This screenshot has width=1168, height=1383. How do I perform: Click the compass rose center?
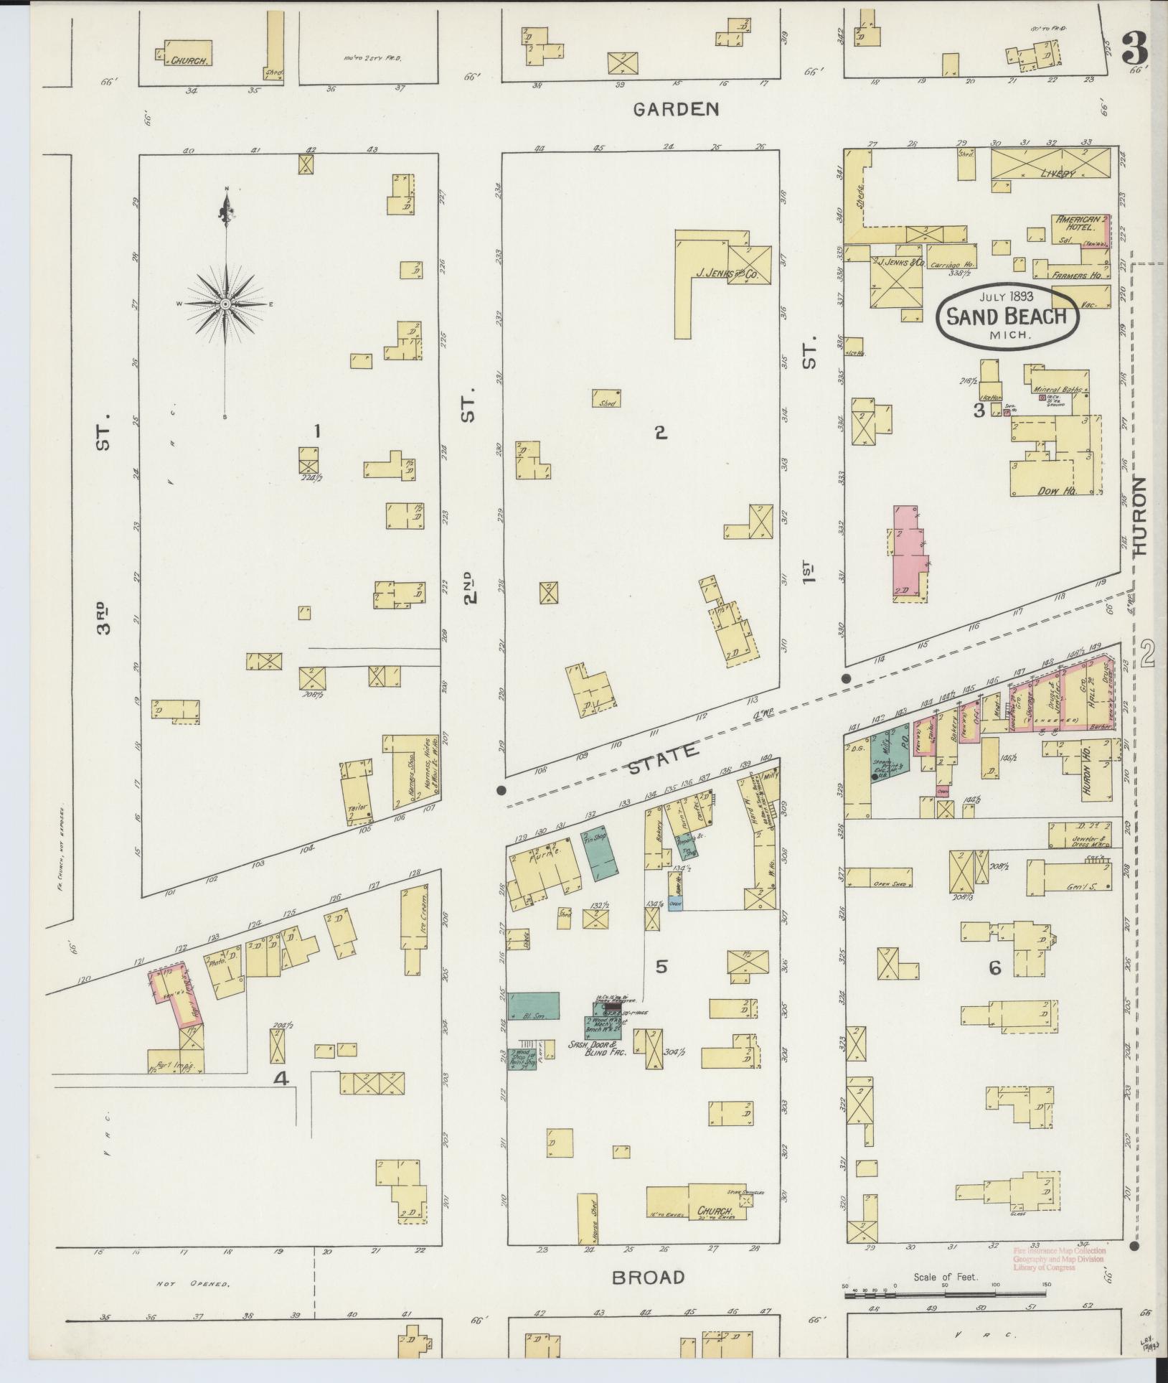pyautogui.click(x=225, y=304)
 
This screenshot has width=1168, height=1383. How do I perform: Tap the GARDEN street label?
pyautogui.click(x=675, y=109)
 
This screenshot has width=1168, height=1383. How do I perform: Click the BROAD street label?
pyautogui.click(x=648, y=1277)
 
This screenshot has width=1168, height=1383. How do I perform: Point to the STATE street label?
pyautogui.click(x=663, y=756)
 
